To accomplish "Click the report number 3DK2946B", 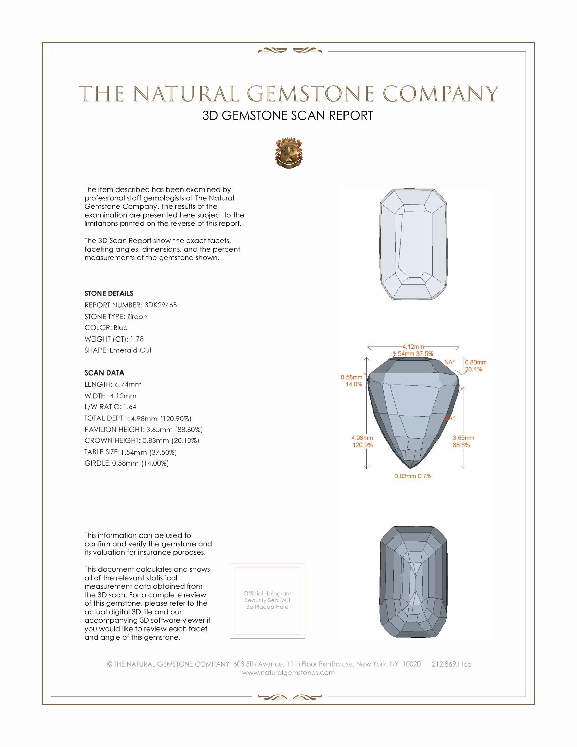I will pyautogui.click(x=160, y=305).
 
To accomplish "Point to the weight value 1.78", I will pyautogui.click(x=137, y=339).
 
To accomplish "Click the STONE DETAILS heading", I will pyautogui.click(x=109, y=293).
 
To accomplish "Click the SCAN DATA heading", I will pyautogui.click(x=104, y=373).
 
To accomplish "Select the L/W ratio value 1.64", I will pyautogui.click(x=130, y=407).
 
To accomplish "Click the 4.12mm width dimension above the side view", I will pyautogui.click(x=413, y=346).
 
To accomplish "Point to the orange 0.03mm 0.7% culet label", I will pyautogui.click(x=413, y=476).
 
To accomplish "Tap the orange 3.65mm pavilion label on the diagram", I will pyautogui.click(x=463, y=438).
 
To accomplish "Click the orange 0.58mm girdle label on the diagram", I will pyautogui.click(x=351, y=377).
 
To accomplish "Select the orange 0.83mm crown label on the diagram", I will pyautogui.click(x=476, y=362).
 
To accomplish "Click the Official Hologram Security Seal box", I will pyautogui.click(x=267, y=601).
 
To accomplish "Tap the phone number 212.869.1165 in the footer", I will pyautogui.click(x=451, y=664).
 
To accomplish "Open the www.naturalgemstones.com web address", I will pyautogui.click(x=288, y=672).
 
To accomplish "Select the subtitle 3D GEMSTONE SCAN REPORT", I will pyautogui.click(x=287, y=115).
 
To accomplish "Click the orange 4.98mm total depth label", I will pyautogui.click(x=362, y=438).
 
